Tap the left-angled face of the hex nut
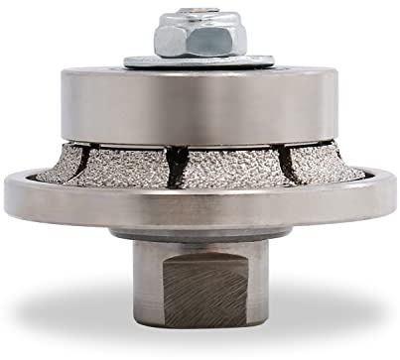167,38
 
